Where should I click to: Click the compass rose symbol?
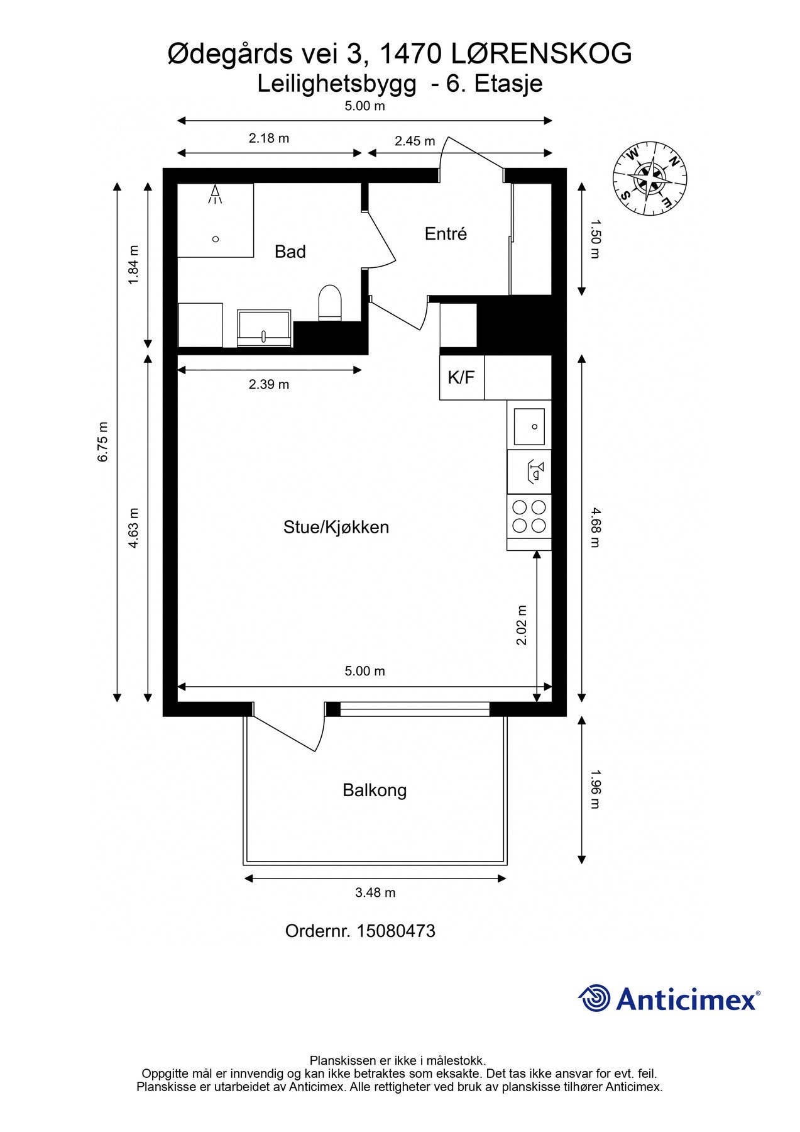pos(650,179)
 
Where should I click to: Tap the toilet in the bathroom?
pos(330,302)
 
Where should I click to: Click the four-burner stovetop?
pos(529,516)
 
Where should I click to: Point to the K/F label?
pos(461,377)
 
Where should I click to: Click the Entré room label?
pos(446,234)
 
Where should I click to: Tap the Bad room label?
pos(290,252)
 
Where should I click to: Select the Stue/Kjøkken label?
pos(336,527)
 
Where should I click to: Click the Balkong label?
pos(375,790)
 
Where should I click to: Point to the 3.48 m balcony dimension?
pos(375,892)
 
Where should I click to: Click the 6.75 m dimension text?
pos(103,441)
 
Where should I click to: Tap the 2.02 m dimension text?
pos(522,625)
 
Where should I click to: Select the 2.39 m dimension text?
pos(269,384)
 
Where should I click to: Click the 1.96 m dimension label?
pos(595,789)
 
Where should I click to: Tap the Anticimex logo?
pos(669,999)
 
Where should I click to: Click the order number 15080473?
pos(396,931)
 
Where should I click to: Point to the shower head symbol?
pos(216,194)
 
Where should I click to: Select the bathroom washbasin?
pos(264,328)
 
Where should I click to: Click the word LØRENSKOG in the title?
pos(541,54)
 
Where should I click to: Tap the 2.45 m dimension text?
pos(415,141)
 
